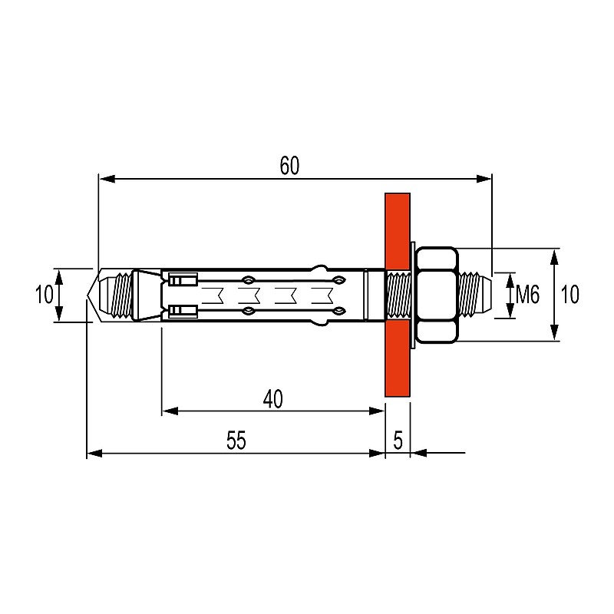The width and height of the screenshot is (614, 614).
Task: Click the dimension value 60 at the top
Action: [290, 165]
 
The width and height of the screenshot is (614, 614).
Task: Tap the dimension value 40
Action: [273, 399]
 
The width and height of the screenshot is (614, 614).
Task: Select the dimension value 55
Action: [236, 441]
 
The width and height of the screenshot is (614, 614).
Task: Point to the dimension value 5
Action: [398, 441]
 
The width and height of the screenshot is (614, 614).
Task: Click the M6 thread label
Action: [527, 295]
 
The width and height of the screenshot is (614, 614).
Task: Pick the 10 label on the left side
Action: [45, 295]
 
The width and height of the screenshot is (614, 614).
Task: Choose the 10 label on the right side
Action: [569, 295]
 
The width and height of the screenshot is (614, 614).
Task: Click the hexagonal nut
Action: [437, 295]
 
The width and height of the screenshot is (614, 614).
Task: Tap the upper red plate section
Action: [398, 231]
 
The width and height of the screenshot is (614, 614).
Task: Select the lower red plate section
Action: [398, 358]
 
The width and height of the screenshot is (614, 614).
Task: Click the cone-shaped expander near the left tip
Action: [147, 295]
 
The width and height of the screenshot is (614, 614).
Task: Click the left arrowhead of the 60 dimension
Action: [107, 179]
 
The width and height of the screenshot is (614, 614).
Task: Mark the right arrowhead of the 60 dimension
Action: [484, 179]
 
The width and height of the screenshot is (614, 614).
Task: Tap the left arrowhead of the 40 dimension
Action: [170, 411]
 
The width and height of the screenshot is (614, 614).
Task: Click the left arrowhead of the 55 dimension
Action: [94, 454]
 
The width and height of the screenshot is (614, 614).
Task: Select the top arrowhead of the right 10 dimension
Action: [554, 256]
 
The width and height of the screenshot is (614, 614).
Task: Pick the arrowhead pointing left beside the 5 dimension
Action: [419, 453]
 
